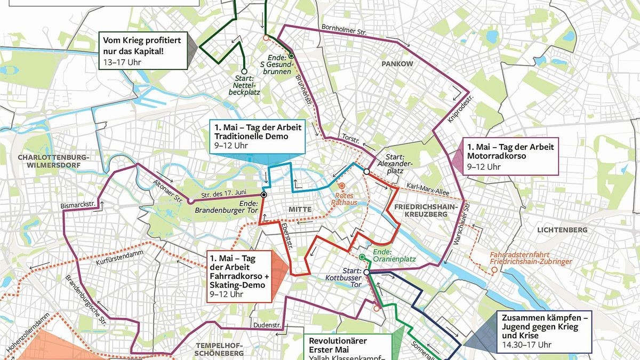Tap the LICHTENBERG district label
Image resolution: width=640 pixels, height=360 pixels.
point(562,230)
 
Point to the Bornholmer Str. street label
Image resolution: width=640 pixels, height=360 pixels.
point(344,29)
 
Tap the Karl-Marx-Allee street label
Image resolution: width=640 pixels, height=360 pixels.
point(427,187)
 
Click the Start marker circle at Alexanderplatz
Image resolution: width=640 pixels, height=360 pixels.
point(367,172)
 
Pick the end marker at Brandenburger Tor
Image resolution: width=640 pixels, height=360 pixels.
point(263,195)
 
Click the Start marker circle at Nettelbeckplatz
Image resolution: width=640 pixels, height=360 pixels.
point(244,71)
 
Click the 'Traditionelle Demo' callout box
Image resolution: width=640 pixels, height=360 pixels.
point(257,137)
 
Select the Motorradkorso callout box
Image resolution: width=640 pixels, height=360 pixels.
point(510,156)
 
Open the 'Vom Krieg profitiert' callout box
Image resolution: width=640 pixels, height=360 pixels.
point(143,51)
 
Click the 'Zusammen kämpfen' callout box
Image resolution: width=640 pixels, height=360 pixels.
point(545,331)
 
